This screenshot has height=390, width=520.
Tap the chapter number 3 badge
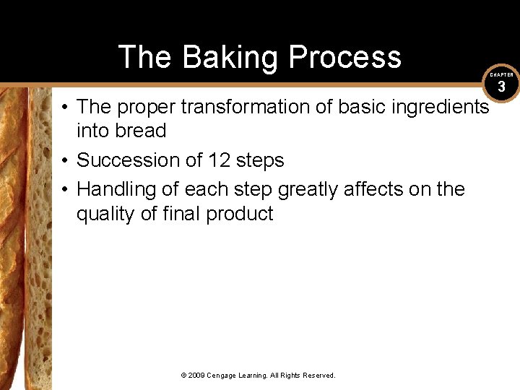click(x=501, y=88)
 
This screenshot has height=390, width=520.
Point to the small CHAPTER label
click(x=501, y=74)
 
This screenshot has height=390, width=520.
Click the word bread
click(x=141, y=131)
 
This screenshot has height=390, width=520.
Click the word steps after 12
click(x=260, y=160)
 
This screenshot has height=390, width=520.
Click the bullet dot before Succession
click(x=65, y=160)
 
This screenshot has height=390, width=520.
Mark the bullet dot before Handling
click(x=65, y=190)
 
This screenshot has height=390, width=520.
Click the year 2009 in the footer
click(x=196, y=376)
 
